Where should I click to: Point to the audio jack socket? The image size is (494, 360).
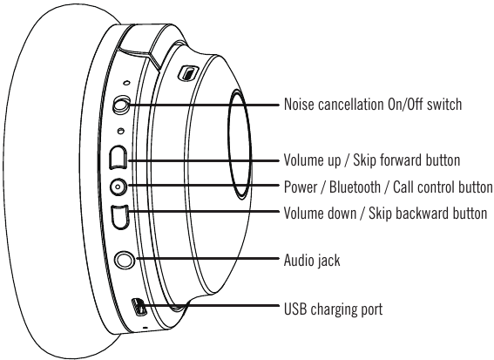[x=126, y=259]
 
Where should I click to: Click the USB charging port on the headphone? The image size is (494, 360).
[x=139, y=307]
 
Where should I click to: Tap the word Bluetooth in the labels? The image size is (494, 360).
[x=360, y=187]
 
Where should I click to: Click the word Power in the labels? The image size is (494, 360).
[x=302, y=187]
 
